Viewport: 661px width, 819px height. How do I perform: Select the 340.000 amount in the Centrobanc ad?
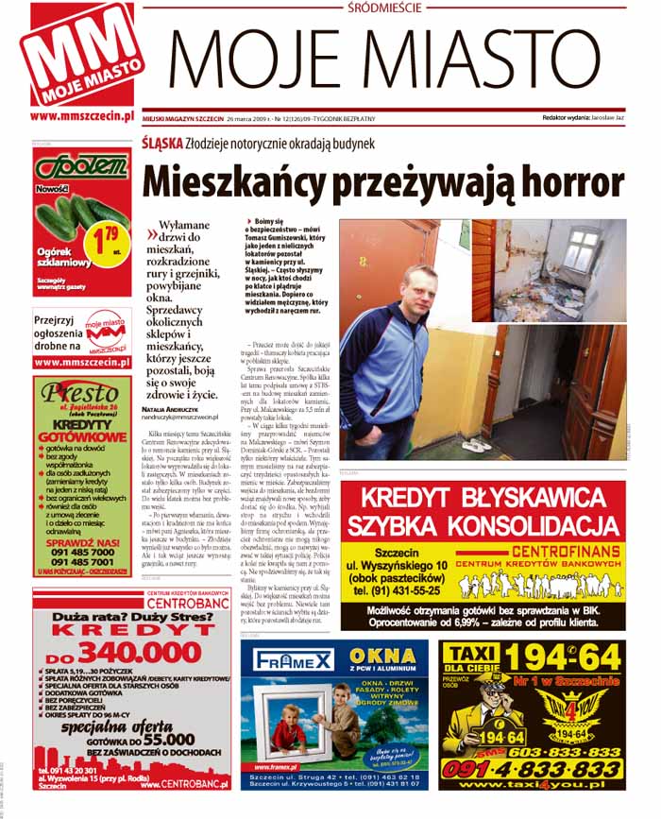tap(127, 653)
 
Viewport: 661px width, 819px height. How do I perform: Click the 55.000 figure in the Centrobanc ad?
tap(151, 740)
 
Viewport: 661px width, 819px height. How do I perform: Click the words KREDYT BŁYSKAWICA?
tap(482, 499)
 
